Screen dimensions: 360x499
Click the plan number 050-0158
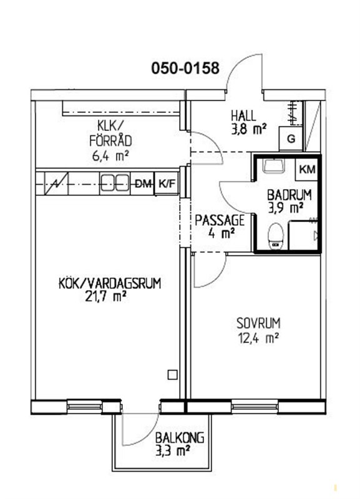point(185,68)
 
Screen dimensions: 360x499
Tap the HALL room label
point(243,115)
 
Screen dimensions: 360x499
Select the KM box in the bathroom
point(308,169)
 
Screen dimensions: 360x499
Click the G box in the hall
point(291,138)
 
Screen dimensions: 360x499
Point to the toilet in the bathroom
point(276,236)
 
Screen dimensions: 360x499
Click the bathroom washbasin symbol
point(273,165)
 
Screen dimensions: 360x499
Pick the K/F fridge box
point(167,183)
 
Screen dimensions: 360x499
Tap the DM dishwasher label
point(142,183)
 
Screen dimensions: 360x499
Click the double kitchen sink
point(115,183)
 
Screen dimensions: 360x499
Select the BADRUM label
point(289,195)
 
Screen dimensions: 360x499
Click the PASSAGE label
point(220,220)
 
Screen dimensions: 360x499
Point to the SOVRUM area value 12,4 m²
point(258,338)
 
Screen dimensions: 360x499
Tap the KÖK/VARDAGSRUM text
point(110,283)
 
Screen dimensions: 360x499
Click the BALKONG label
point(180,438)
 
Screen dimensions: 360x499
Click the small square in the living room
point(173,375)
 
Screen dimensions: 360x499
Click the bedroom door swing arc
point(216,278)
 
